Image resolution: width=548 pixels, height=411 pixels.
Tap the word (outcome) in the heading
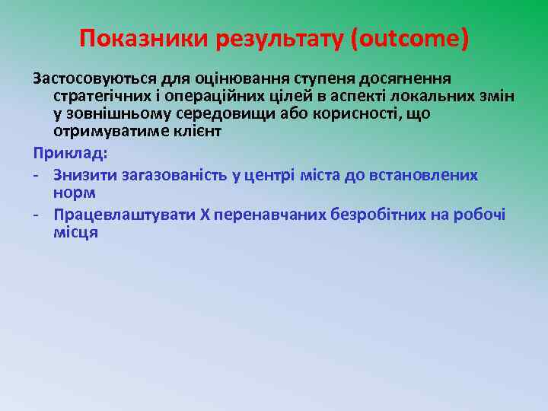[409, 39]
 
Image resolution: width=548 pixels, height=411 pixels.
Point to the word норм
[75, 193]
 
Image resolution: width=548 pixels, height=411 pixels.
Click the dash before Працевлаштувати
[36, 215]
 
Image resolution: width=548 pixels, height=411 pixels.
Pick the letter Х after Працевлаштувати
[204, 215]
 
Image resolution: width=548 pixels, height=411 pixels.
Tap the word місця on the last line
[75, 233]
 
